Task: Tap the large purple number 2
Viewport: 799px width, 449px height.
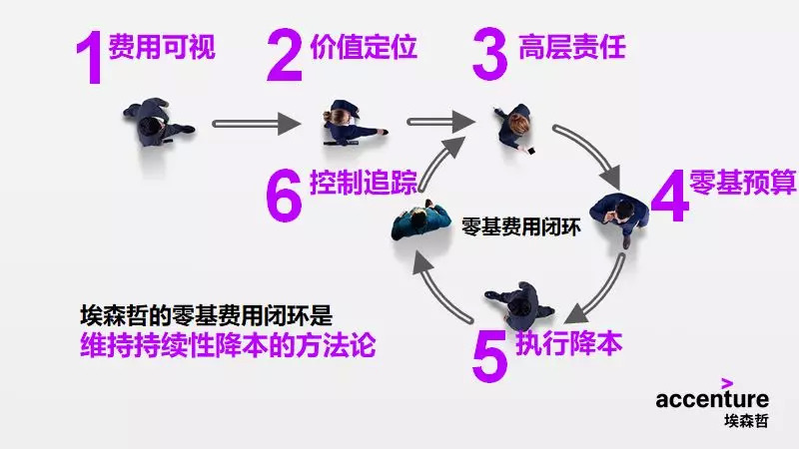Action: click(285, 55)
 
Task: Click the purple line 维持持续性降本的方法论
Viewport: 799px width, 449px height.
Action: click(230, 345)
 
